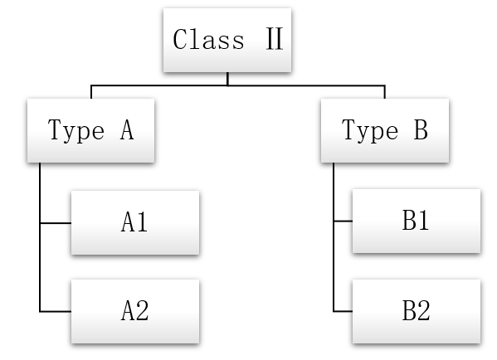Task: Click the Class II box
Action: [x=227, y=40]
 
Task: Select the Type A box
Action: [x=91, y=130]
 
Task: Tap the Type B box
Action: [x=385, y=130]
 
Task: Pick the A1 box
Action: [x=135, y=222]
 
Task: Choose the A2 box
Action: [x=135, y=311]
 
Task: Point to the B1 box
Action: [x=417, y=221]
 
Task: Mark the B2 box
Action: [x=417, y=311]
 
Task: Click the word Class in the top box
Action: [x=208, y=39]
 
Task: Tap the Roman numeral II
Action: [x=274, y=39]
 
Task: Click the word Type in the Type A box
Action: [x=76, y=130]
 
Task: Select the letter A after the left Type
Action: [x=127, y=129]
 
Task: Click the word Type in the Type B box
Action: [x=370, y=130]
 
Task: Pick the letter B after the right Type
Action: [x=421, y=129]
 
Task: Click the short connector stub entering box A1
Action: [x=56, y=223]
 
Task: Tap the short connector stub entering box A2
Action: [x=56, y=312]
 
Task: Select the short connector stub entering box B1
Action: [x=344, y=221]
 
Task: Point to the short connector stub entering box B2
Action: [x=344, y=312]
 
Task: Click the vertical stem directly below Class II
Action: [x=227, y=79]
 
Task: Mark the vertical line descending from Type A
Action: [x=40, y=237]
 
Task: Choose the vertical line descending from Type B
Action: [x=334, y=237]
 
